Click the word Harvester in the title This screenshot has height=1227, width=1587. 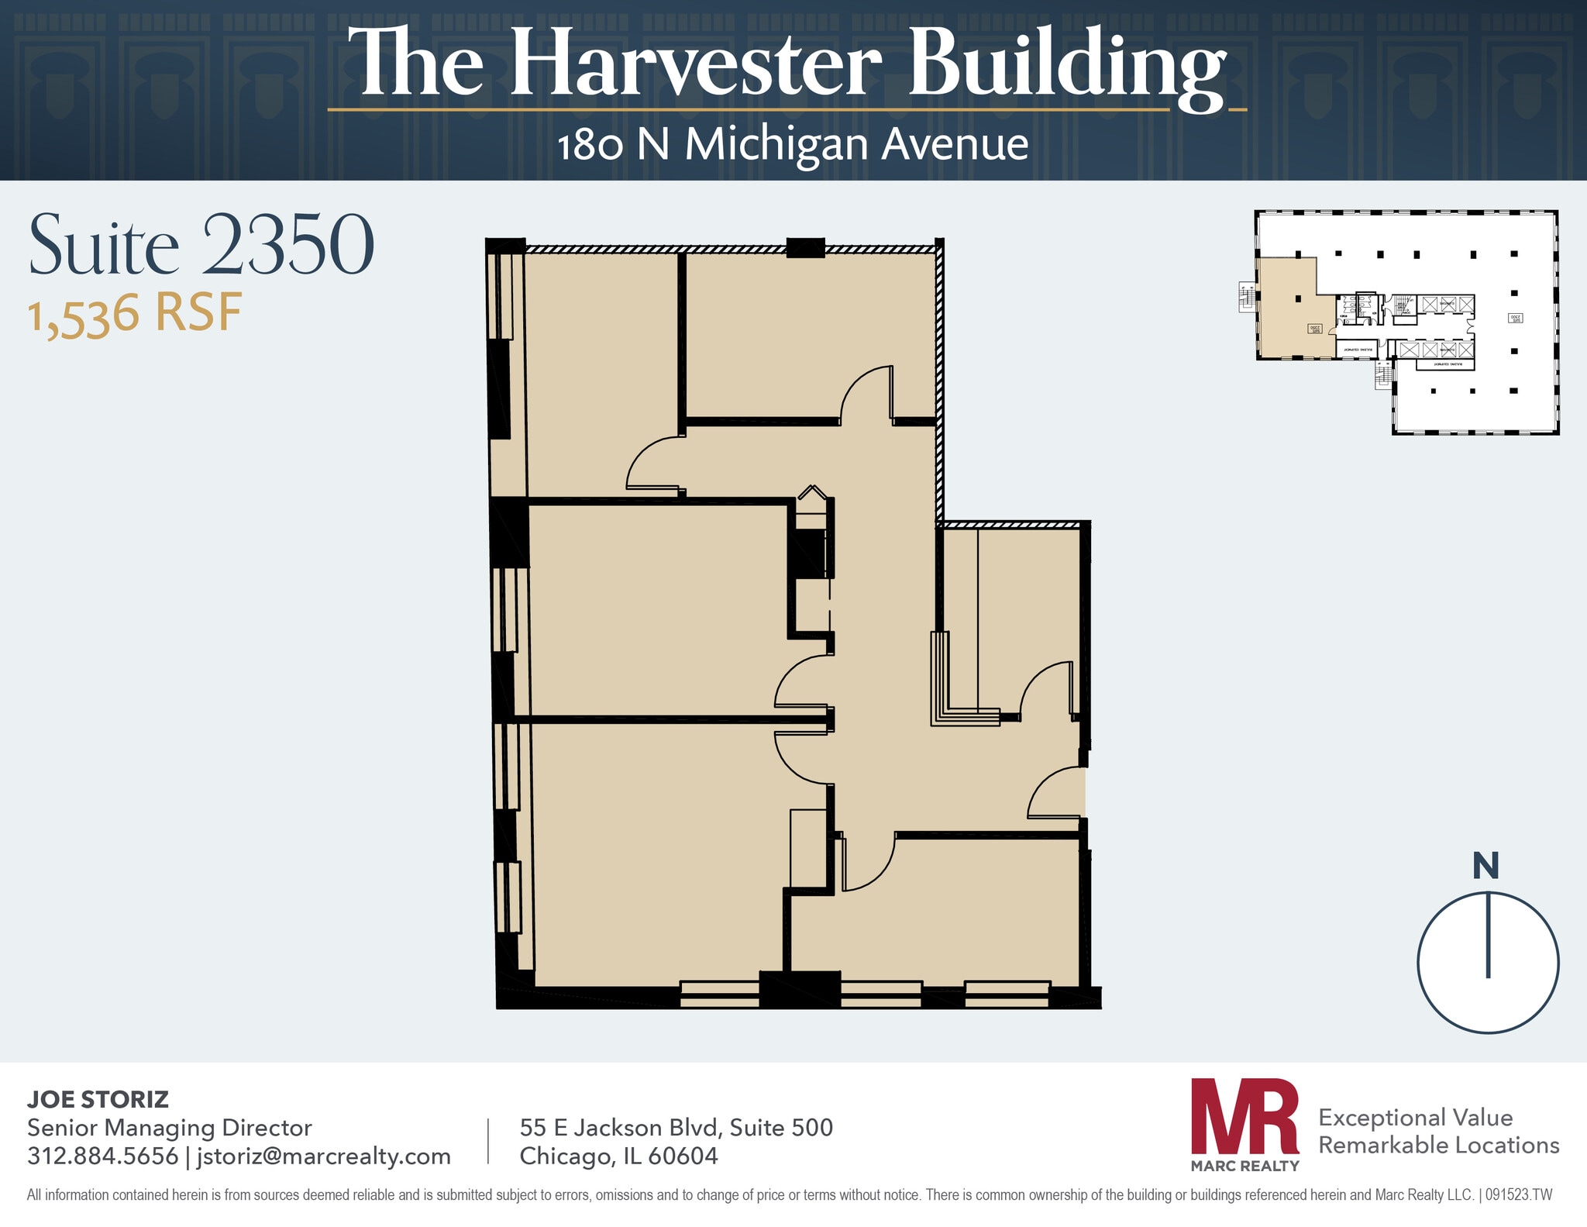pyautogui.click(x=695, y=64)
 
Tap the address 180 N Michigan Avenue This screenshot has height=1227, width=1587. pyautogui.click(x=792, y=145)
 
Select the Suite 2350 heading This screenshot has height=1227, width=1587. pyautogui.click(x=201, y=246)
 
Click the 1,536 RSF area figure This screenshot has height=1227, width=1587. pyautogui.click(x=135, y=315)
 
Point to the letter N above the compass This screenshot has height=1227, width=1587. pyautogui.click(x=1485, y=867)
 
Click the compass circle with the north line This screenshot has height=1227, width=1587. pyautogui.click(x=1487, y=963)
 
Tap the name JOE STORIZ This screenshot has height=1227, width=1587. pyautogui.click(x=98, y=1099)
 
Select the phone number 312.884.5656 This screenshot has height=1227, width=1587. pyautogui.click(x=102, y=1156)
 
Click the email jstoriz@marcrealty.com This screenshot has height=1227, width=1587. pyautogui.click(x=323, y=1156)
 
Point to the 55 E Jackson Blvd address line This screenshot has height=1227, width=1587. pyautogui.click(x=676, y=1127)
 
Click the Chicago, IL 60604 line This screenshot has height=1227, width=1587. pyautogui.click(x=618, y=1156)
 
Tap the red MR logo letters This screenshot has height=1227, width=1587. pyautogui.click(x=1244, y=1115)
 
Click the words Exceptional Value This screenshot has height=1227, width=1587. pyautogui.click(x=1415, y=1117)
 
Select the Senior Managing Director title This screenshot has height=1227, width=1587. pyautogui.click(x=169, y=1127)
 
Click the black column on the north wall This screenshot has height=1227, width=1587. pyautogui.click(x=805, y=247)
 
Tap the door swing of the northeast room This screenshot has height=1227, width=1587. pyautogui.click(x=865, y=394)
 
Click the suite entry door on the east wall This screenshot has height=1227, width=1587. pyautogui.click(x=1055, y=794)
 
